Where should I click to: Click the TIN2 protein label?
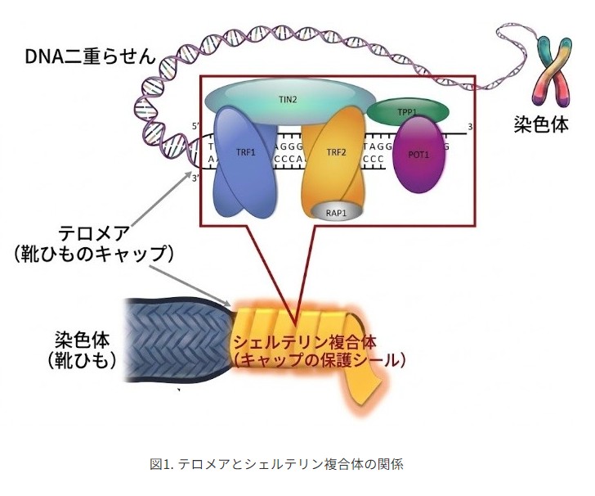[288, 100]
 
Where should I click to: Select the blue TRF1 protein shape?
[246, 161]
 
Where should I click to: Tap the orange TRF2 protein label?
[336, 153]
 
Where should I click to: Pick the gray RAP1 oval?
[337, 212]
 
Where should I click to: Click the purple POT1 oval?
[418, 155]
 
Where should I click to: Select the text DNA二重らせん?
[90, 57]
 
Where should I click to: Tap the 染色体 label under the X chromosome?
[542, 124]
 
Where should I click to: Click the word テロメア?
[93, 233]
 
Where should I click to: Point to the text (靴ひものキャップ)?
[93, 255]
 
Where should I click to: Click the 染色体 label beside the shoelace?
[82, 339]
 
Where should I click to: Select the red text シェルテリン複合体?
[305, 342]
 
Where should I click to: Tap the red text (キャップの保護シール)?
[319, 360]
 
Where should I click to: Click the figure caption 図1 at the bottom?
[276, 464]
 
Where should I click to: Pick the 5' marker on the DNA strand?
[195, 126]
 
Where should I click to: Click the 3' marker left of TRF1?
[195, 178]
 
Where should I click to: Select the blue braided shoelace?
[178, 340]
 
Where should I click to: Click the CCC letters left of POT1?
[374, 160]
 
